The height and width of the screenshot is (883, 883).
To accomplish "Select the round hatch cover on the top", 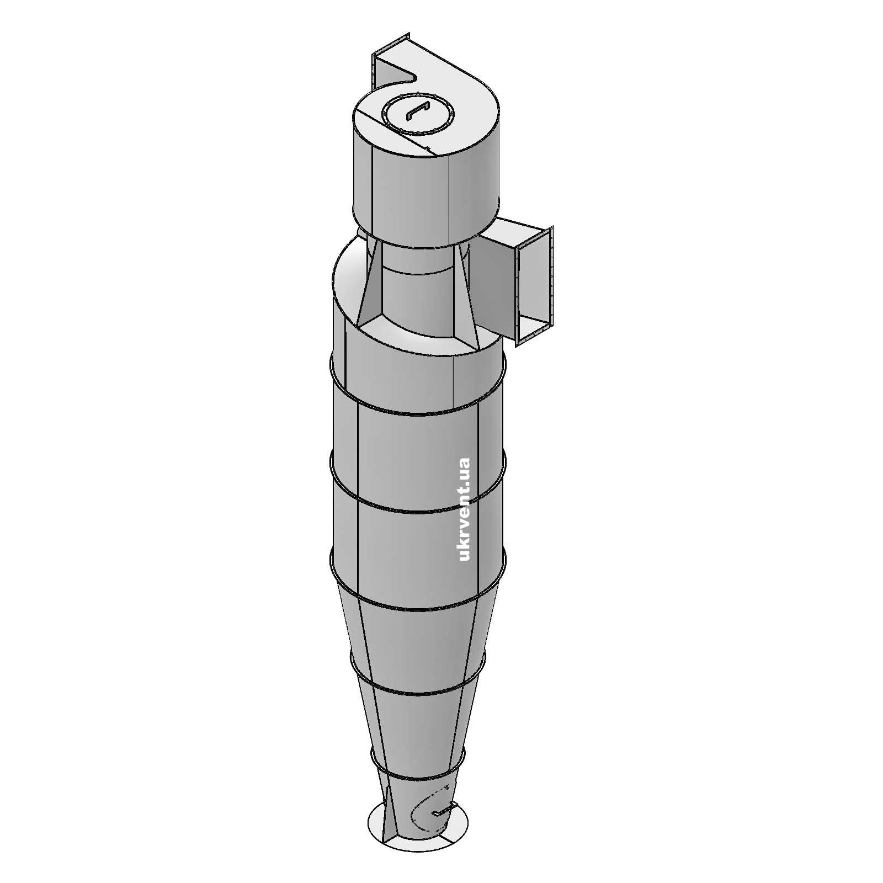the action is click(418, 113).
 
